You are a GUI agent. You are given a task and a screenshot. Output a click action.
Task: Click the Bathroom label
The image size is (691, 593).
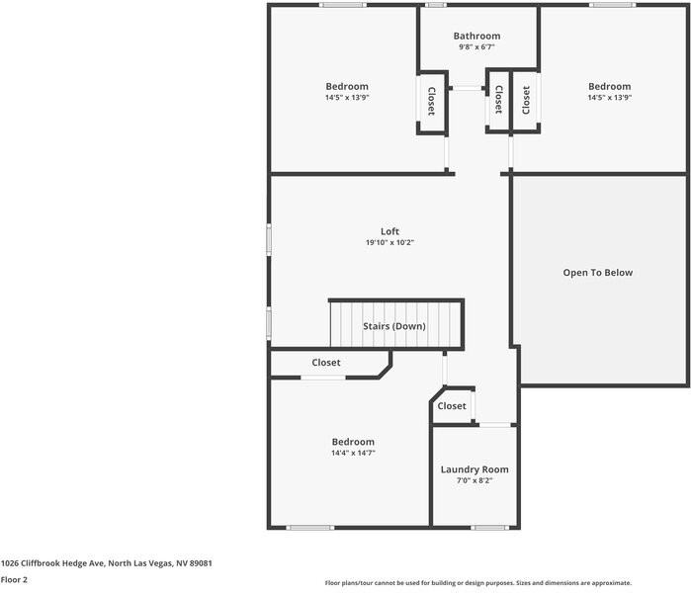pyautogui.click(x=477, y=36)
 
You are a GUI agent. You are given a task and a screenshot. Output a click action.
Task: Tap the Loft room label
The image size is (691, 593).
pyautogui.click(x=389, y=231)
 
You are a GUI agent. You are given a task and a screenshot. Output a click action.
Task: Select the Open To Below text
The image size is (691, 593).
pyautogui.click(x=597, y=273)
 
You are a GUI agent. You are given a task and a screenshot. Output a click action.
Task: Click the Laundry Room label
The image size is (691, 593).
pyautogui.click(x=475, y=469)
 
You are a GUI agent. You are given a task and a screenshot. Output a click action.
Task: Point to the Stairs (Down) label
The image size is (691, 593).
pyautogui.click(x=393, y=326)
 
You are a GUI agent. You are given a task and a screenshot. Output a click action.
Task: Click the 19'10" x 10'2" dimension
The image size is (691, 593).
pyautogui.click(x=389, y=243)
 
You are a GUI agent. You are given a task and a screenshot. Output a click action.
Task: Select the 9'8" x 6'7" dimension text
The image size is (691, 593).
pyautogui.click(x=477, y=47)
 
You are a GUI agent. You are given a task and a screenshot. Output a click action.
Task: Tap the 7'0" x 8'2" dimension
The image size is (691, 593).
pyautogui.click(x=475, y=481)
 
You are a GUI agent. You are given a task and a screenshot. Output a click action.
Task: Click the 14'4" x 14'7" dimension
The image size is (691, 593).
pyautogui.click(x=353, y=454)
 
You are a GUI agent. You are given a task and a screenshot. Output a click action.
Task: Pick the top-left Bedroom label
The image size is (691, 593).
pyautogui.click(x=347, y=86)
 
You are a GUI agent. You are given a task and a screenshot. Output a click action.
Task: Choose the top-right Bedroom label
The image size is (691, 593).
pyautogui.click(x=609, y=86)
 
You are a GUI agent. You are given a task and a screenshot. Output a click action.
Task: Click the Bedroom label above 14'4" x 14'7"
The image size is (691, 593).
pyautogui.click(x=353, y=442)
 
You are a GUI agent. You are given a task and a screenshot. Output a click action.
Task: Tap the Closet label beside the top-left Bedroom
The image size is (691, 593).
pyautogui.click(x=431, y=100)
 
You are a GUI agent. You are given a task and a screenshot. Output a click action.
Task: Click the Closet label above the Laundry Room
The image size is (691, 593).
pyautogui.click(x=452, y=406)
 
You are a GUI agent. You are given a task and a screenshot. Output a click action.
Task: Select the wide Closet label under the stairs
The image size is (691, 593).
pyautogui.click(x=326, y=363)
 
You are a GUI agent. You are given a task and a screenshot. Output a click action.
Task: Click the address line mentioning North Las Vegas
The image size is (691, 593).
pyautogui.click(x=107, y=563)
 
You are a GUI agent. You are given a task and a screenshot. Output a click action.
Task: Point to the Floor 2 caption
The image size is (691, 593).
pyautogui.click(x=14, y=580)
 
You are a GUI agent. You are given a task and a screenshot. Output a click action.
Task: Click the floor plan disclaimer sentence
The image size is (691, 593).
pyautogui.click(x=478, y=583)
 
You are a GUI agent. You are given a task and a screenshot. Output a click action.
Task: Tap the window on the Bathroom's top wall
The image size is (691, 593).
pyautogui.click(x=435, y=5)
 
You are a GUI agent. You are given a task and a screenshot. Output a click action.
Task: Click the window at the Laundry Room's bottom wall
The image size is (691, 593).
pyautogui.click(x=488, y=528)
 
